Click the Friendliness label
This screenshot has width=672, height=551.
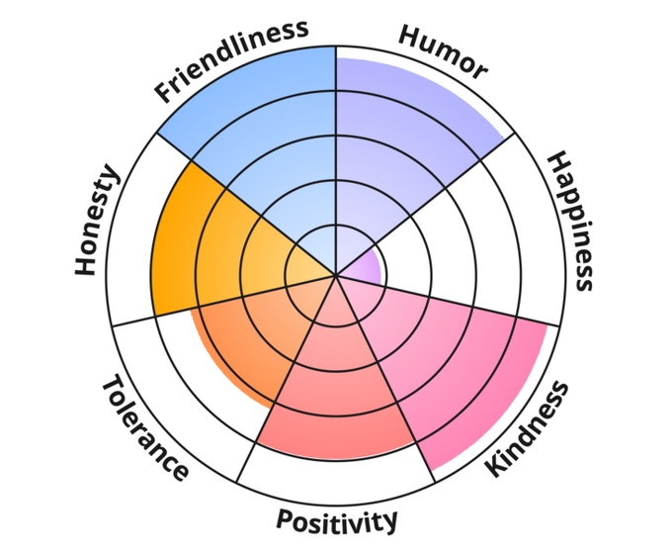tap(231, 60)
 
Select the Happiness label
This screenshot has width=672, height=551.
tap(571, 221)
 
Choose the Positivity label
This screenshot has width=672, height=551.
tap(337, 520)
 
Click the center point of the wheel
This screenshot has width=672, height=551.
tap(336, 275)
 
